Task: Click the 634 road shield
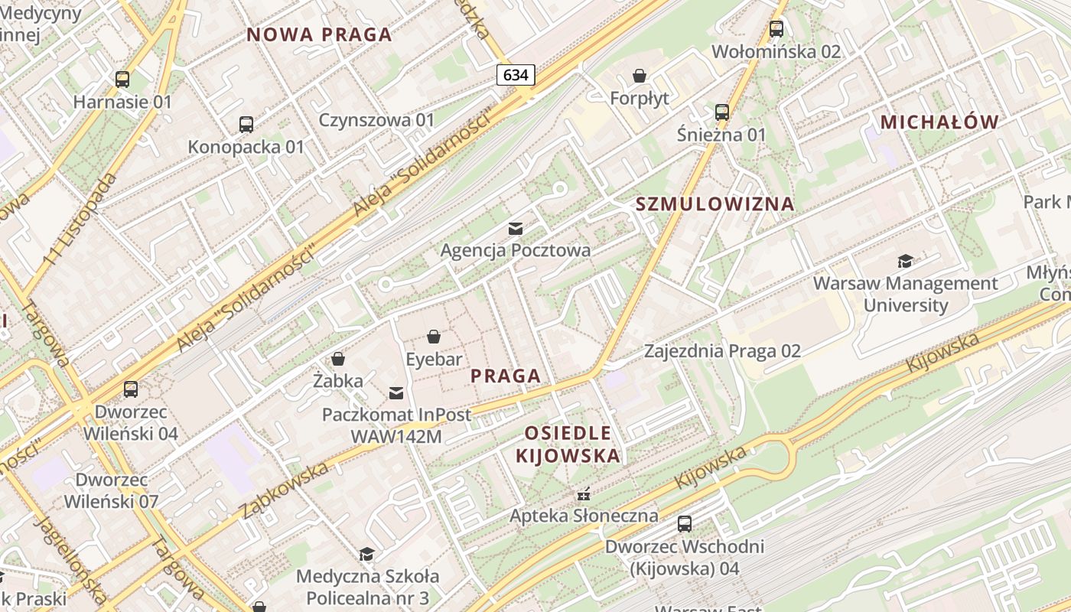coord(516,75)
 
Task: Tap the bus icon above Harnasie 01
coord(122,79)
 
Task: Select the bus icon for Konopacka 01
coord(246,124)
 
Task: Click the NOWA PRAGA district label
coord(319,34)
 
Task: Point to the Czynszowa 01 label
coord(376,120)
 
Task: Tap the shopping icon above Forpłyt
coord(640,76)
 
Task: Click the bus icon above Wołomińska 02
coord(776,29)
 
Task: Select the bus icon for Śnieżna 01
coord(722,112)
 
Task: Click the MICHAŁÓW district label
coord(939,122)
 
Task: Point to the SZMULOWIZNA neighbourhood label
coord(715,204)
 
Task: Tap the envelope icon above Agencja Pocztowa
coord(516,228)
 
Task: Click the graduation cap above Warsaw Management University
coord(906,261)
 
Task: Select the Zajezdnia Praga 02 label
coord(722,351)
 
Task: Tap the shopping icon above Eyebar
coord(434,337)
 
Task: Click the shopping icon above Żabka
coord(337,358)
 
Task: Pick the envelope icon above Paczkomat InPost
coord(396,393)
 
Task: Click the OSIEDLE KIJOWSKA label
coord(568,444)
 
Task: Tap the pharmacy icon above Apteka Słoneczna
coord(584,493)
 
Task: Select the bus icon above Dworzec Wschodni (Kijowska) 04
coord(685,524)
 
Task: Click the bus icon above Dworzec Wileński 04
coord(131,389)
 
